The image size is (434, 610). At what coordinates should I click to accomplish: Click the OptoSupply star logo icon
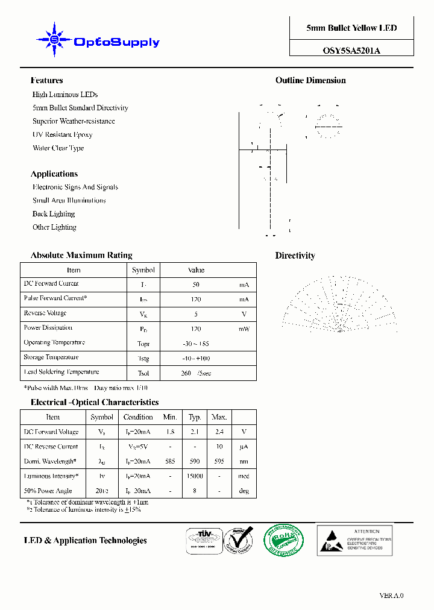54,40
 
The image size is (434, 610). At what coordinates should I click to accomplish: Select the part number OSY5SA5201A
351,51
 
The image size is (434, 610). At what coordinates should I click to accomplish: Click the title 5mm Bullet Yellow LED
351,28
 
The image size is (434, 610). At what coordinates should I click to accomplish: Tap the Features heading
46,80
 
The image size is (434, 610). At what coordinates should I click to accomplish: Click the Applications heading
54,174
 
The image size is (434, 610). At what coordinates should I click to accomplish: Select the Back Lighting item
54,214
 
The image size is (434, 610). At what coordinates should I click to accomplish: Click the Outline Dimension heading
310,80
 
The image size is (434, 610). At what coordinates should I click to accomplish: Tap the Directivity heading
295,256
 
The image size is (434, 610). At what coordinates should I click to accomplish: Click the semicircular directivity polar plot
339,304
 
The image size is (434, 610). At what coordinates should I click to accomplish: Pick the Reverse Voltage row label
45,313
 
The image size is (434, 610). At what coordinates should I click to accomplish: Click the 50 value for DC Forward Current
196,285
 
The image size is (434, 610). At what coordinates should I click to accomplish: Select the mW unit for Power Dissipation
244,329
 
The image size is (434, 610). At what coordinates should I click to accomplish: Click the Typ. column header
195,417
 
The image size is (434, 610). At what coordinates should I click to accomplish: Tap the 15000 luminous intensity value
195,476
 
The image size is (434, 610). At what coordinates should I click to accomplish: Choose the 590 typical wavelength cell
195,461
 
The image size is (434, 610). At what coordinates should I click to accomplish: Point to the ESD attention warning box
354,539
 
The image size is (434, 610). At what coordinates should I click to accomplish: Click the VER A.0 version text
391,596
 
